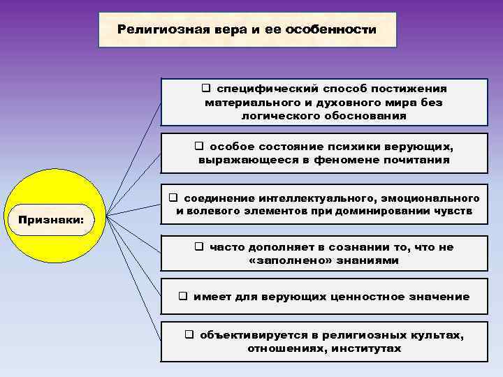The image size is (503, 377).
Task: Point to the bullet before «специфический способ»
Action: (207, 89)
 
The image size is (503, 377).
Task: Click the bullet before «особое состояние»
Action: (198, 147)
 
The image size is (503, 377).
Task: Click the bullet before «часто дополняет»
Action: (199, 247)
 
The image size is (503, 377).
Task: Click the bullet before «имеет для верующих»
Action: (183, 297)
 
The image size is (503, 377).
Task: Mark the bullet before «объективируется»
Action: (189, 335)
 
